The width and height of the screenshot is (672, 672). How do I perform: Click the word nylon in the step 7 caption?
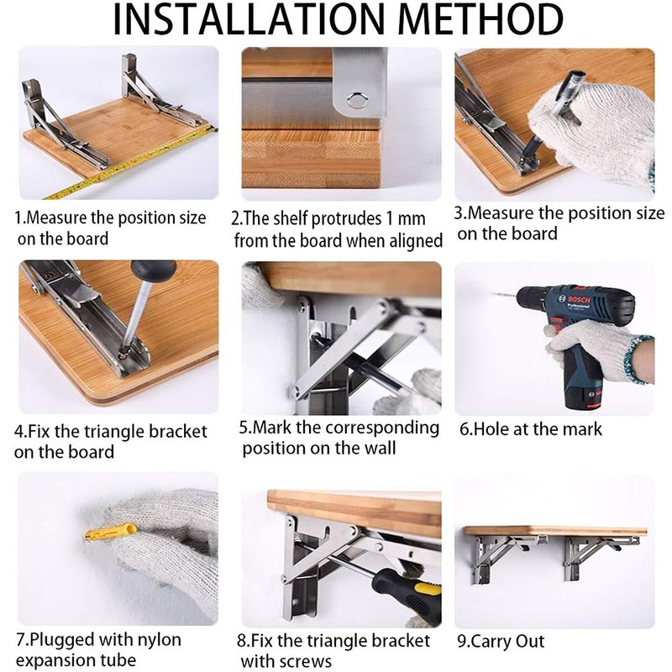[160, 640]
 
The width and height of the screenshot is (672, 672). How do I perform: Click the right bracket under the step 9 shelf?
[598, 554]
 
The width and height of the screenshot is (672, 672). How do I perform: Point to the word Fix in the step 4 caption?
[39, 433]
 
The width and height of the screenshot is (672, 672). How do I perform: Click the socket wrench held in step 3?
[554, 105]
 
